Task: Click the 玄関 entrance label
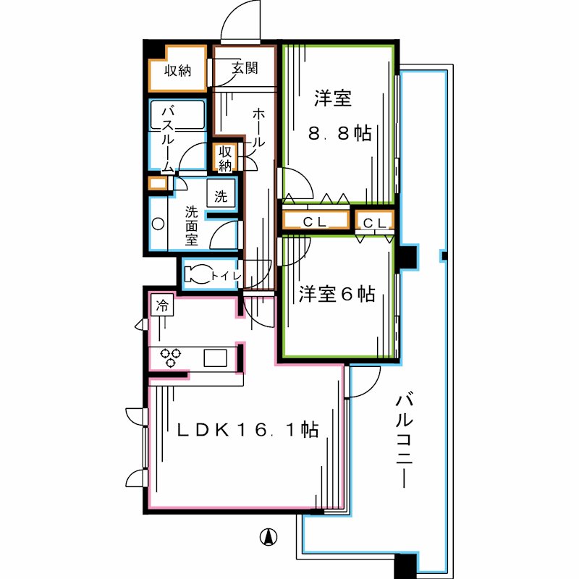(245, 70)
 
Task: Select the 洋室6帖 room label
(337, 295)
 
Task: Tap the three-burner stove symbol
(172, 358)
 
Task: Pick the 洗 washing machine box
(221, 195)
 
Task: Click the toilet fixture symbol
(196, 274)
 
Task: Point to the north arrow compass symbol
(267, 537)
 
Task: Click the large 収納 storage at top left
(177, 71)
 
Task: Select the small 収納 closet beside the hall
(225, 158)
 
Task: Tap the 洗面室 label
(191, 225)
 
